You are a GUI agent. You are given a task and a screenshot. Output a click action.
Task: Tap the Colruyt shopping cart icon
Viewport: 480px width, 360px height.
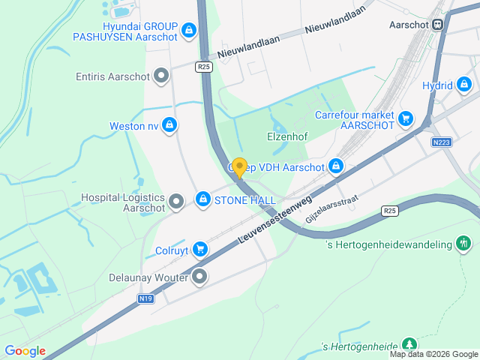click(x=199, y=248)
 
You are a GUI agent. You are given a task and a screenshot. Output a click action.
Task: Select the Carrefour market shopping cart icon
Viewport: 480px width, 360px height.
click(x=406, y=118)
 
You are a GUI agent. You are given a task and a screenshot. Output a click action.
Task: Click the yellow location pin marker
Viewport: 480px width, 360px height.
click(x=239, y=167)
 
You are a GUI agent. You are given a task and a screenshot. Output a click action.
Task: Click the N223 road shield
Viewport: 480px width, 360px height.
click(x=441, y=142)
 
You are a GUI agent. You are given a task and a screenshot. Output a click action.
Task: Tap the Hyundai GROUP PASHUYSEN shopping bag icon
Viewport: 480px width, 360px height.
click(x=189, y=31)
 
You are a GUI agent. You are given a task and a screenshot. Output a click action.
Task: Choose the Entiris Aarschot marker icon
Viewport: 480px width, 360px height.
click(x=160, y=76)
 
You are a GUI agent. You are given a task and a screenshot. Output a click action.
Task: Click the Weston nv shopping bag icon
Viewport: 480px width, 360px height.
click(x=170, y=125)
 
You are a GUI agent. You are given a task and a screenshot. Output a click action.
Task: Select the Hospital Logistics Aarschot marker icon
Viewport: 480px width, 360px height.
click(x=176, y=199)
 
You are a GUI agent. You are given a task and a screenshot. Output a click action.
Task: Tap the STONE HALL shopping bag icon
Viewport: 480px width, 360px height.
click(x=202, y=199)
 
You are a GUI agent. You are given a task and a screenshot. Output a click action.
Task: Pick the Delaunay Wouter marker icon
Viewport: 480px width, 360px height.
click(x=199, y=277)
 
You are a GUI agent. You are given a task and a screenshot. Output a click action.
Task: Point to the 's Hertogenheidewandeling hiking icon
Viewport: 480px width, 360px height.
click(x=464, y=243)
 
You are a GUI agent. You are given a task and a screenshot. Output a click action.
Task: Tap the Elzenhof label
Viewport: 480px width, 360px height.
click(x=288, y=137)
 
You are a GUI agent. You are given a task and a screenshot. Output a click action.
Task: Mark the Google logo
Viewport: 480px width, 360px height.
click(x=25, y=351)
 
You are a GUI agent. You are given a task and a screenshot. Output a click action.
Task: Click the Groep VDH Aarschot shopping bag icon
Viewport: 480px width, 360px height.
click(x=336, y=166)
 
